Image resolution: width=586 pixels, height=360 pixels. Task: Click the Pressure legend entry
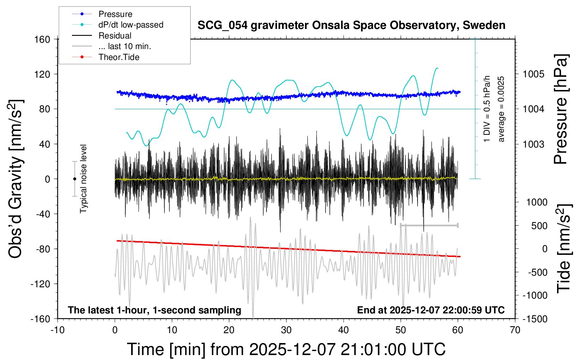[115, 14]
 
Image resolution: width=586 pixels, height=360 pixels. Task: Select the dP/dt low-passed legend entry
[131, 25]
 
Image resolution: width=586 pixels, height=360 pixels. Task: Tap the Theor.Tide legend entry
[119, 57]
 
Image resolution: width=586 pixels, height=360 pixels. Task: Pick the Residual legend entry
[115, 36]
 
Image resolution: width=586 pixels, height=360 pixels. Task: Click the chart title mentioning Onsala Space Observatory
[351, 25]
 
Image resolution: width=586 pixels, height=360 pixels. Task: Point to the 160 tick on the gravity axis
[42, 39]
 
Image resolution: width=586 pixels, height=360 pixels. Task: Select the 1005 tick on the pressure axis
[533, 74]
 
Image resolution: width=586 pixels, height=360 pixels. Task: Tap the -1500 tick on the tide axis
[535, 319]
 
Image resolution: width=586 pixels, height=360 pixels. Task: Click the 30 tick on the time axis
[286, 330]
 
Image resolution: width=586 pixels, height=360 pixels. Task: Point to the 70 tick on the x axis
[515, 330]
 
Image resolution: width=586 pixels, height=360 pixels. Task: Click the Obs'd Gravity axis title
[16, 179]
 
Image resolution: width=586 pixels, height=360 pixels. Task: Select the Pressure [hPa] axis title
[560, 109]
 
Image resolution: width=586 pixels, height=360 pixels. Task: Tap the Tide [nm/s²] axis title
[564, 248]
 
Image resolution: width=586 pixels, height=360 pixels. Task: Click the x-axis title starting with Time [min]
[286, 349]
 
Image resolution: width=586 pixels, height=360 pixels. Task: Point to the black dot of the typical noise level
[74, 179]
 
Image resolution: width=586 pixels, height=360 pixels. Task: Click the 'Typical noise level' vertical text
[83, 179]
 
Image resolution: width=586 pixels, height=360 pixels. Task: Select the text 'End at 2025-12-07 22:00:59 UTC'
[431, 310]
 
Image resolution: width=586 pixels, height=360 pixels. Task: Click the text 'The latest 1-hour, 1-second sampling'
[155, 310]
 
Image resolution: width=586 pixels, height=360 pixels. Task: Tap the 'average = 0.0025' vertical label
[501, 109]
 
